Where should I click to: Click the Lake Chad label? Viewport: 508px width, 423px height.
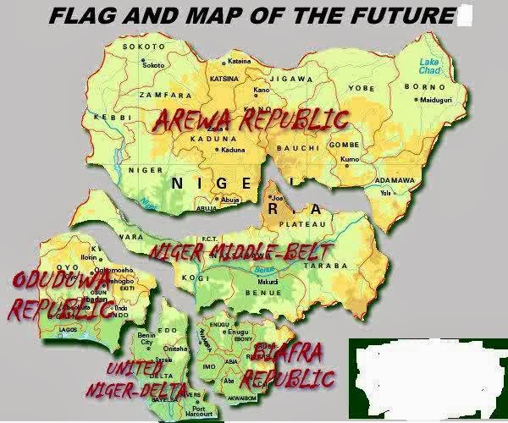430,66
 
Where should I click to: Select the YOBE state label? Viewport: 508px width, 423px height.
361,87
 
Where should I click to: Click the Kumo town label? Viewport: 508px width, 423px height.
350,159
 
